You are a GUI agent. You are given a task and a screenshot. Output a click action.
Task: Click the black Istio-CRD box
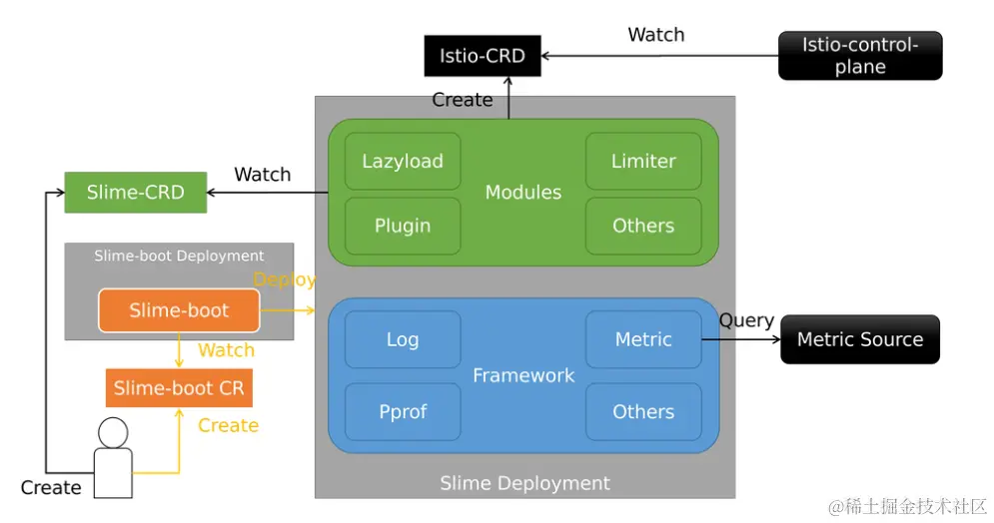coord(482,56)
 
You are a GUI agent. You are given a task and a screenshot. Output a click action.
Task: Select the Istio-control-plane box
coord(859,56)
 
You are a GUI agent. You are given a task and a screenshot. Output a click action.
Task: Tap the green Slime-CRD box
coord(136,193)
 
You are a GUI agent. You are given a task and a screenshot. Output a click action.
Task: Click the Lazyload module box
coord(403,162)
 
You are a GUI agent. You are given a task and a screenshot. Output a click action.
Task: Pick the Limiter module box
coord(643,162)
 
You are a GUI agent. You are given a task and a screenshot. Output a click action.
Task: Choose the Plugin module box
coord(403,226)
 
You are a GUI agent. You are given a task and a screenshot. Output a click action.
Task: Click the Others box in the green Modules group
coord(643,226)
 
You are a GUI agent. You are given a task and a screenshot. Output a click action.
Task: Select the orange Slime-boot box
coord(179,310)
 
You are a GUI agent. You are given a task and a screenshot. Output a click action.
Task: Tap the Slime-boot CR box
coord(179,388)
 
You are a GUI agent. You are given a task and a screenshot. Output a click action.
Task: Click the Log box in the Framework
coord(403,339)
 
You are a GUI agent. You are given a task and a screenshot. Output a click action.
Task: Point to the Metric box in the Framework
coord(643,339)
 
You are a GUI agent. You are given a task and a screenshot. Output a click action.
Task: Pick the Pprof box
coord(403,411)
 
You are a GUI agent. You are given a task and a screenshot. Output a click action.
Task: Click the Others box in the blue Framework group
coord(643,411)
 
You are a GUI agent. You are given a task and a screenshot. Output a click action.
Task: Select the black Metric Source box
coord(859,339)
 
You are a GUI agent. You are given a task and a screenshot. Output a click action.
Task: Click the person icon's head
coord(113,432)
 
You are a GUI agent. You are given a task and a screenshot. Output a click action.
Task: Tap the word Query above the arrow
coord(746,320)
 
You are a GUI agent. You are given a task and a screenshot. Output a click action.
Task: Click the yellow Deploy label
coord(285,280)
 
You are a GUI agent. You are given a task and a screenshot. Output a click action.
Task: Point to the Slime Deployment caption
coord(524,483)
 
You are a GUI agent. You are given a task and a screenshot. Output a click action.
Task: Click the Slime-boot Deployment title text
coord(179,257)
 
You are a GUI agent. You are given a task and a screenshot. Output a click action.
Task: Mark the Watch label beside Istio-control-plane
coord(655,35)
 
